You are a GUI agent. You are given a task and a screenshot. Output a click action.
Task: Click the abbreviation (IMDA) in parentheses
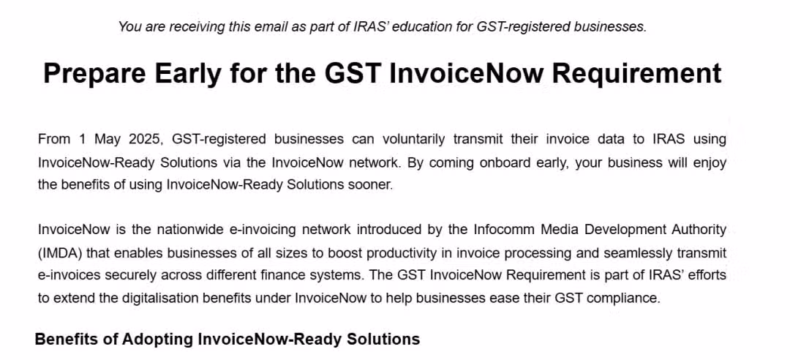point(60,253)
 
